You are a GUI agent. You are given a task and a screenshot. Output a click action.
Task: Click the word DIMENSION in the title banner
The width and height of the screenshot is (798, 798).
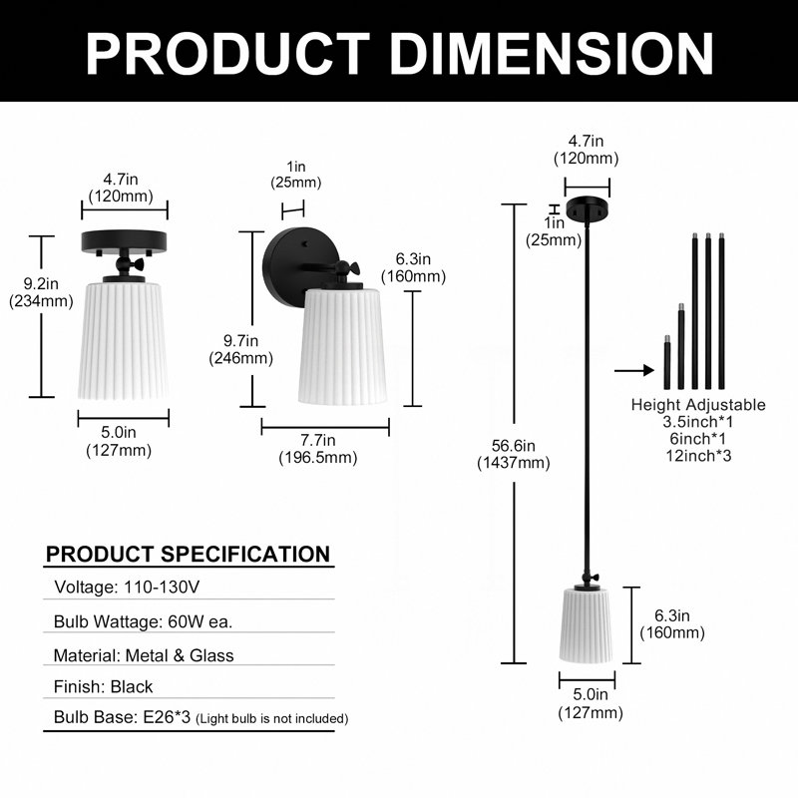(x=551, y=54)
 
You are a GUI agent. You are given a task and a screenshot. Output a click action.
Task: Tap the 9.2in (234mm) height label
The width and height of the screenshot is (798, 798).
(x=41, y=292)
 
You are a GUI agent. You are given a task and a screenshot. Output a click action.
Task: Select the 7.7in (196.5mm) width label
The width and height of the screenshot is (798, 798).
(x=317, y=448)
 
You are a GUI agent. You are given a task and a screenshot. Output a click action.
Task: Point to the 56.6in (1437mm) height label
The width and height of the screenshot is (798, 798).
(x=514, y=454)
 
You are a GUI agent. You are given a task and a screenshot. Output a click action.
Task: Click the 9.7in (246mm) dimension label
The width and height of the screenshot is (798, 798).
(x=240, y=349)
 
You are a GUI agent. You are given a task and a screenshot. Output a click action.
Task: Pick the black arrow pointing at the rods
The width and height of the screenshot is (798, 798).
(x=634, y=370)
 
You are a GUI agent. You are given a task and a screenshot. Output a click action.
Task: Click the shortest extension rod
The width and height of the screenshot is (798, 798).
(x=666, y=362)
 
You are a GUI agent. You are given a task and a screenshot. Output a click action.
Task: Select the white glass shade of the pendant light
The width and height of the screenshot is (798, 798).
(x=587, y=625)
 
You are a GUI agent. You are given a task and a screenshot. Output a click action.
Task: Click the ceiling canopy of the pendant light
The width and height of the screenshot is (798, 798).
(x=588, y=207)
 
